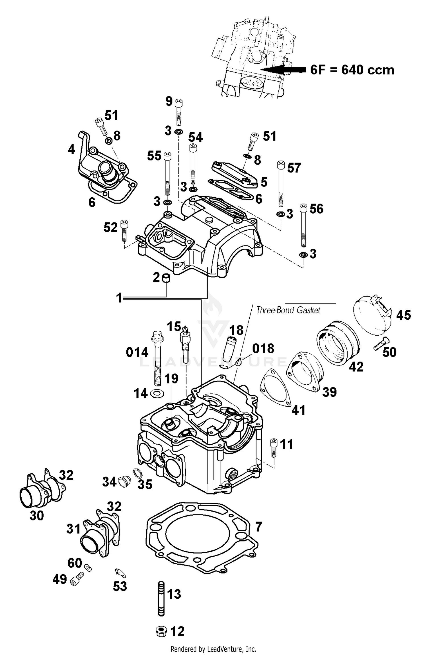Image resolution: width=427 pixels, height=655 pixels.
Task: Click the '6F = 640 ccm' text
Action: (x=352, y=70)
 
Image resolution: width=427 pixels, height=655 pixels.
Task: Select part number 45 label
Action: (x=403, y=315)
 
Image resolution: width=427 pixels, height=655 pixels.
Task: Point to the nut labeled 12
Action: (x=161, y=631)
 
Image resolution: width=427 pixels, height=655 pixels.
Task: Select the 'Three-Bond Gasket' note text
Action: (x=288, y=310)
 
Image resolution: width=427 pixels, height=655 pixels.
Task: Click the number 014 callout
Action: (x=137, y=352)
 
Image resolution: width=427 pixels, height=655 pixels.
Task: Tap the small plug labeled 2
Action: (x=166, y=278)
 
